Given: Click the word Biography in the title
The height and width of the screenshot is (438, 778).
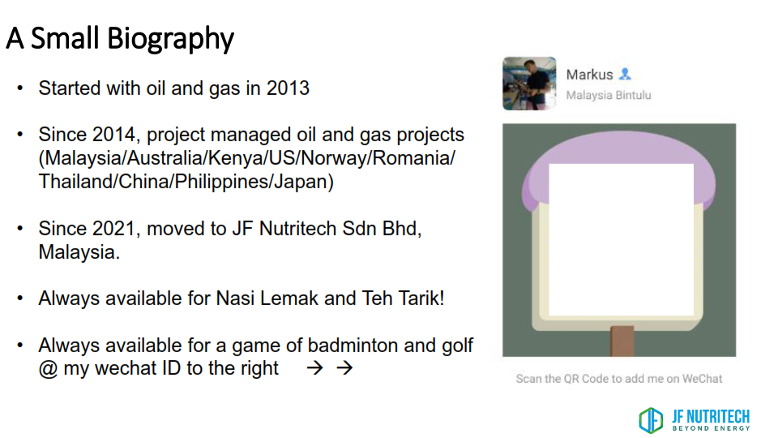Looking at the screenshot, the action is (169, 39).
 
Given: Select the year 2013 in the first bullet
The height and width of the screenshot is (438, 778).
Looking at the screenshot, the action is (288, 88).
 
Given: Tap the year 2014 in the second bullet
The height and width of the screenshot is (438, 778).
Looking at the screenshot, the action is (113, 135).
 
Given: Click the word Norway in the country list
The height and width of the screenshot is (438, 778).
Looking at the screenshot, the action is (334, 158).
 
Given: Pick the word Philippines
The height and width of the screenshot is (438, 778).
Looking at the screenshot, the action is (221, 182).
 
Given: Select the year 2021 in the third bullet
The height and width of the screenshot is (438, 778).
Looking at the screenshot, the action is (113, 229).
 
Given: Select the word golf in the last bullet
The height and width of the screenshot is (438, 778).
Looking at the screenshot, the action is (457, 346).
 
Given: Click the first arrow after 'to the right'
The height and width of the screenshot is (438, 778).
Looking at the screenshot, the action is (314, 368).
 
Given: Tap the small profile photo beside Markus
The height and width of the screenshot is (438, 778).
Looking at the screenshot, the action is (529, 84).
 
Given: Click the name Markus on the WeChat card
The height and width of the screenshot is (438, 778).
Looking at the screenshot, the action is (589, 75).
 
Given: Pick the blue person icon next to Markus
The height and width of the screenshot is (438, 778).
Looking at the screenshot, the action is (625, 74).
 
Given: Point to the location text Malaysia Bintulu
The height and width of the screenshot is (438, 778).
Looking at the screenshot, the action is (609, 96).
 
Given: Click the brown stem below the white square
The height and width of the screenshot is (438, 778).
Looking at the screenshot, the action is (622, 341).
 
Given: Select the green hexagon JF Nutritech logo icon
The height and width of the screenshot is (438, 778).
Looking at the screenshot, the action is (651, 420).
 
